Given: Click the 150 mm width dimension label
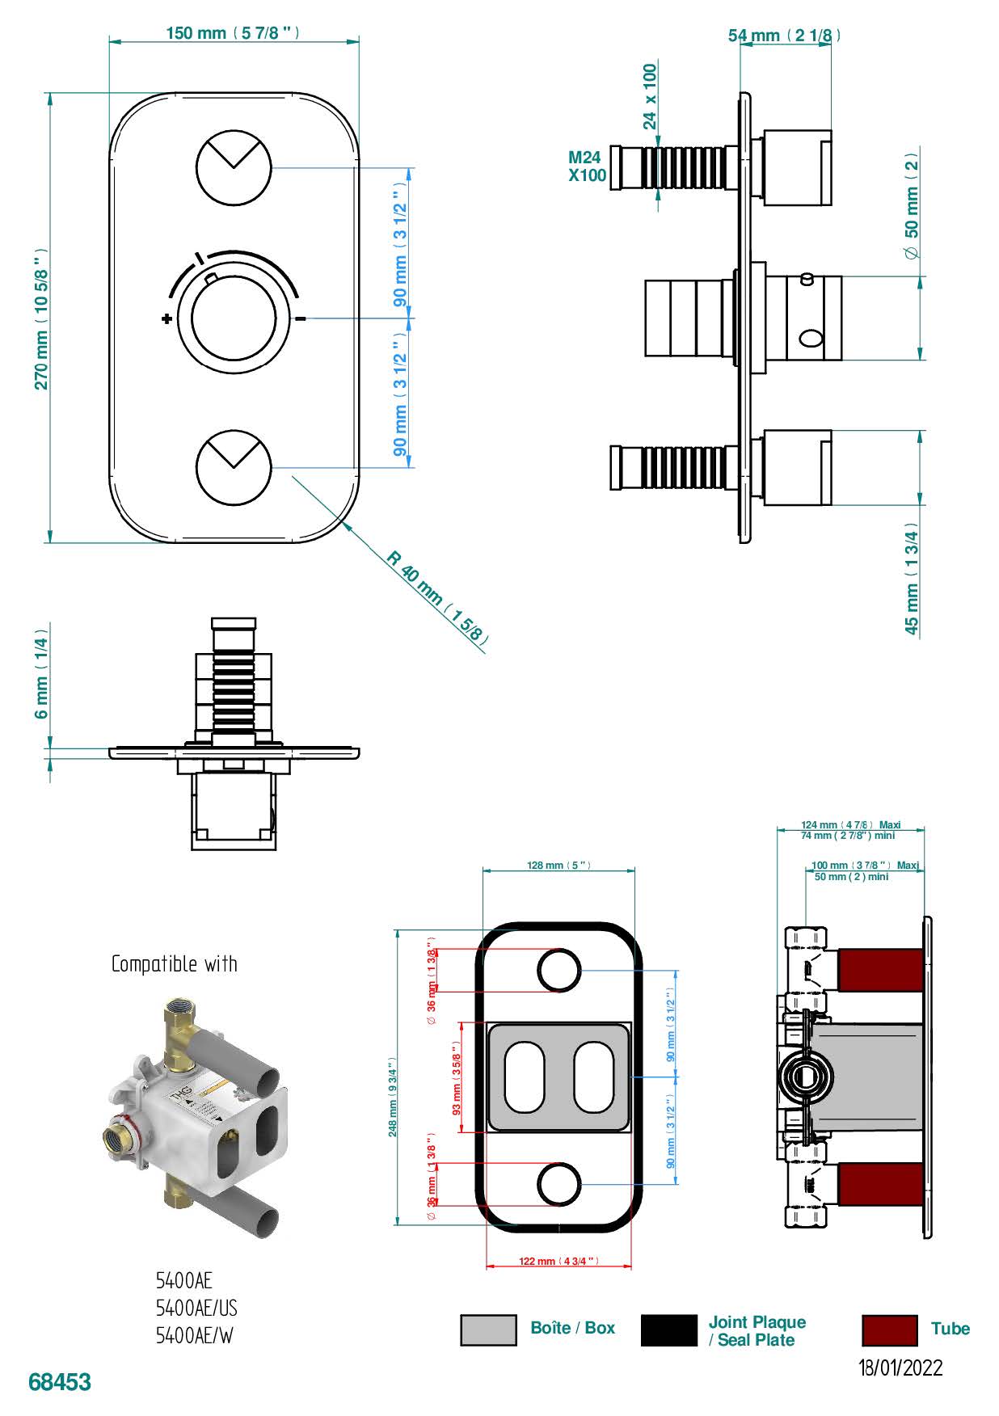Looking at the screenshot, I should coord(233,33).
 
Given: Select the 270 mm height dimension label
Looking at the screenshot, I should coord(41,318).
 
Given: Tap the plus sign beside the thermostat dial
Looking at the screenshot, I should coord(166,318).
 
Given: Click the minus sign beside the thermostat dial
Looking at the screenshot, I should coord(301,318).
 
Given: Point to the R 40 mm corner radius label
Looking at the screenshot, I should coord(436,597).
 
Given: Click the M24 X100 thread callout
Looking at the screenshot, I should coord(587,166).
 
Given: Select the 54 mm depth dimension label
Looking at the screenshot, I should coord(784,35).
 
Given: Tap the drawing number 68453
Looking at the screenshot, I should coord(60,1382).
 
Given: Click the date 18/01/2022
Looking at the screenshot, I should coord(900,1368).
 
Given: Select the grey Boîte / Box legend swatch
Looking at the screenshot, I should coord(488,1330).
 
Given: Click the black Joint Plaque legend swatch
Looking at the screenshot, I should coord(668,1330).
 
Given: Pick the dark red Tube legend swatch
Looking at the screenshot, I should coord(889,1330).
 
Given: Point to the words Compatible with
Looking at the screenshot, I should coord(175,963).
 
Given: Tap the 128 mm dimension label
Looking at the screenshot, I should coord(559,866).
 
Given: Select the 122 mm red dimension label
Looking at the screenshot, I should coord(559,1261).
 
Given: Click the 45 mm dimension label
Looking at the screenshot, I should coord(912,580).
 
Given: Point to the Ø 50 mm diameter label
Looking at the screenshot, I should coord(912,206).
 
